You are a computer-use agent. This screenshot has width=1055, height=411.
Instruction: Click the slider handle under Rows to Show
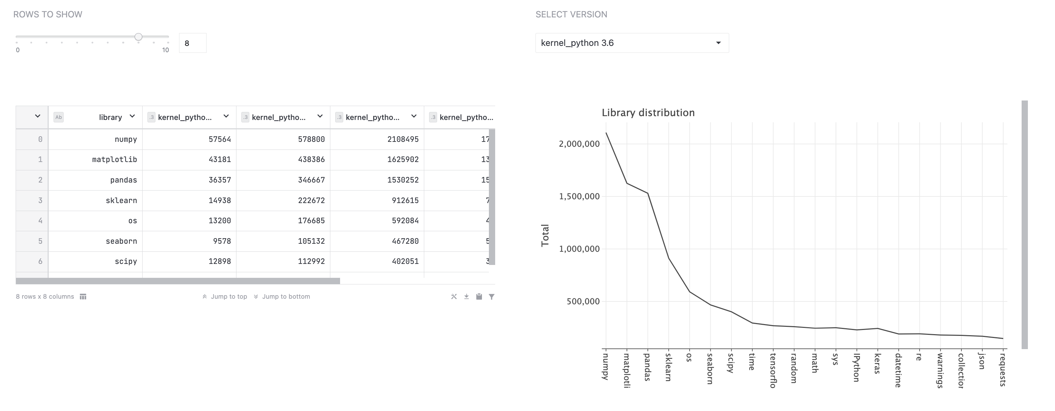138,37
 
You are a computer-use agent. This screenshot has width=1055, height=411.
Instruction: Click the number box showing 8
193,43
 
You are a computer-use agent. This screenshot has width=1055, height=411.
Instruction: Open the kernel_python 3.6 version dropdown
631,43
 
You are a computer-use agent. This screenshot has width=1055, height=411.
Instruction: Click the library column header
110,118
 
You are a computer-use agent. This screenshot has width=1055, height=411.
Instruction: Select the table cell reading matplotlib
114,160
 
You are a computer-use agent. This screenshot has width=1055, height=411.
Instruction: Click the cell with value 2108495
403,139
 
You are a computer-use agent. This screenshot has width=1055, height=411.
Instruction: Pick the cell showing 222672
311,201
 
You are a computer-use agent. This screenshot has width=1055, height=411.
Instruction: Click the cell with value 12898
219,261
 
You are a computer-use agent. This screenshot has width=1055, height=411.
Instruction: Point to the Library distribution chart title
648,113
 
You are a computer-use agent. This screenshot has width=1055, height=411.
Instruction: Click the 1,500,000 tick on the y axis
579,196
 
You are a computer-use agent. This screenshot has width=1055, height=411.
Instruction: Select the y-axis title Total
545,235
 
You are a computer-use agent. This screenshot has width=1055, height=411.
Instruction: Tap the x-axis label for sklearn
668,367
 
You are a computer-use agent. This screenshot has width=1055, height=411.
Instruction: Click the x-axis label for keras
877,363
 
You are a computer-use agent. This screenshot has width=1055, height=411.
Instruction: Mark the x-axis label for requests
1002,370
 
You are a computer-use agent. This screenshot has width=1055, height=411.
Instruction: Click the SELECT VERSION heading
571,15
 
